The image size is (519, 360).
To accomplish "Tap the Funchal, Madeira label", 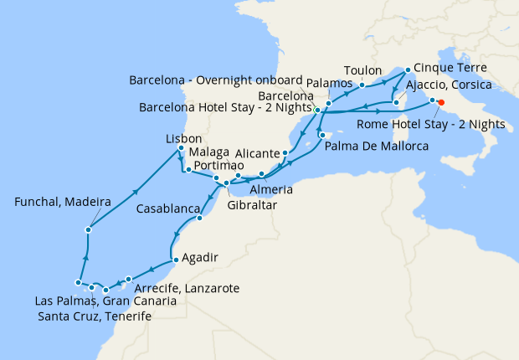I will (64, 202).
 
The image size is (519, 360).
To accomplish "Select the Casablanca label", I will (168, 208).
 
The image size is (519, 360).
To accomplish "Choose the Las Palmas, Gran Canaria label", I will (105, 301).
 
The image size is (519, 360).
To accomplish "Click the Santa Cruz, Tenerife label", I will (95, 316).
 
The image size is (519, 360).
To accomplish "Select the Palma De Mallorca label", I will (377, 147).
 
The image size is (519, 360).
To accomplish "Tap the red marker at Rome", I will (441, 104).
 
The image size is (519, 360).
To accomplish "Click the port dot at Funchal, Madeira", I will (88, 229).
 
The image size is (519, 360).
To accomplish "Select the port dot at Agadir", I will (174, 260).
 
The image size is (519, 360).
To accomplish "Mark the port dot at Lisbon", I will (181, 149).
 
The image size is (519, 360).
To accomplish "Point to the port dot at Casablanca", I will (199, 219).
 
